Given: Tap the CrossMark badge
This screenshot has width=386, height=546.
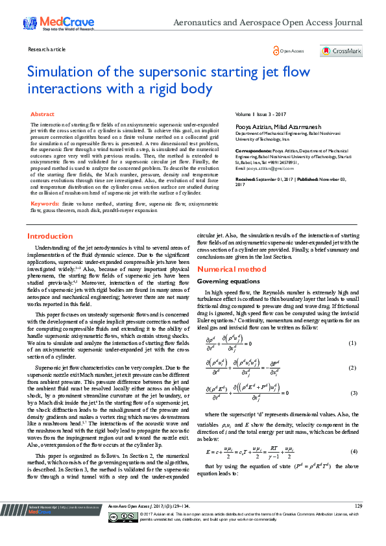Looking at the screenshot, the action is (341, 51).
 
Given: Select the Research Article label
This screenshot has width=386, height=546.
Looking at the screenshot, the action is (47, 49).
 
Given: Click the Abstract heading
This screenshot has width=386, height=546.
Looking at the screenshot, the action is (43, 114).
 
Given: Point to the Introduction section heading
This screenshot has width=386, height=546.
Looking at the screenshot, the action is (50, 236).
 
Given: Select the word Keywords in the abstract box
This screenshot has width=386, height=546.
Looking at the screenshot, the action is (45, 204).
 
